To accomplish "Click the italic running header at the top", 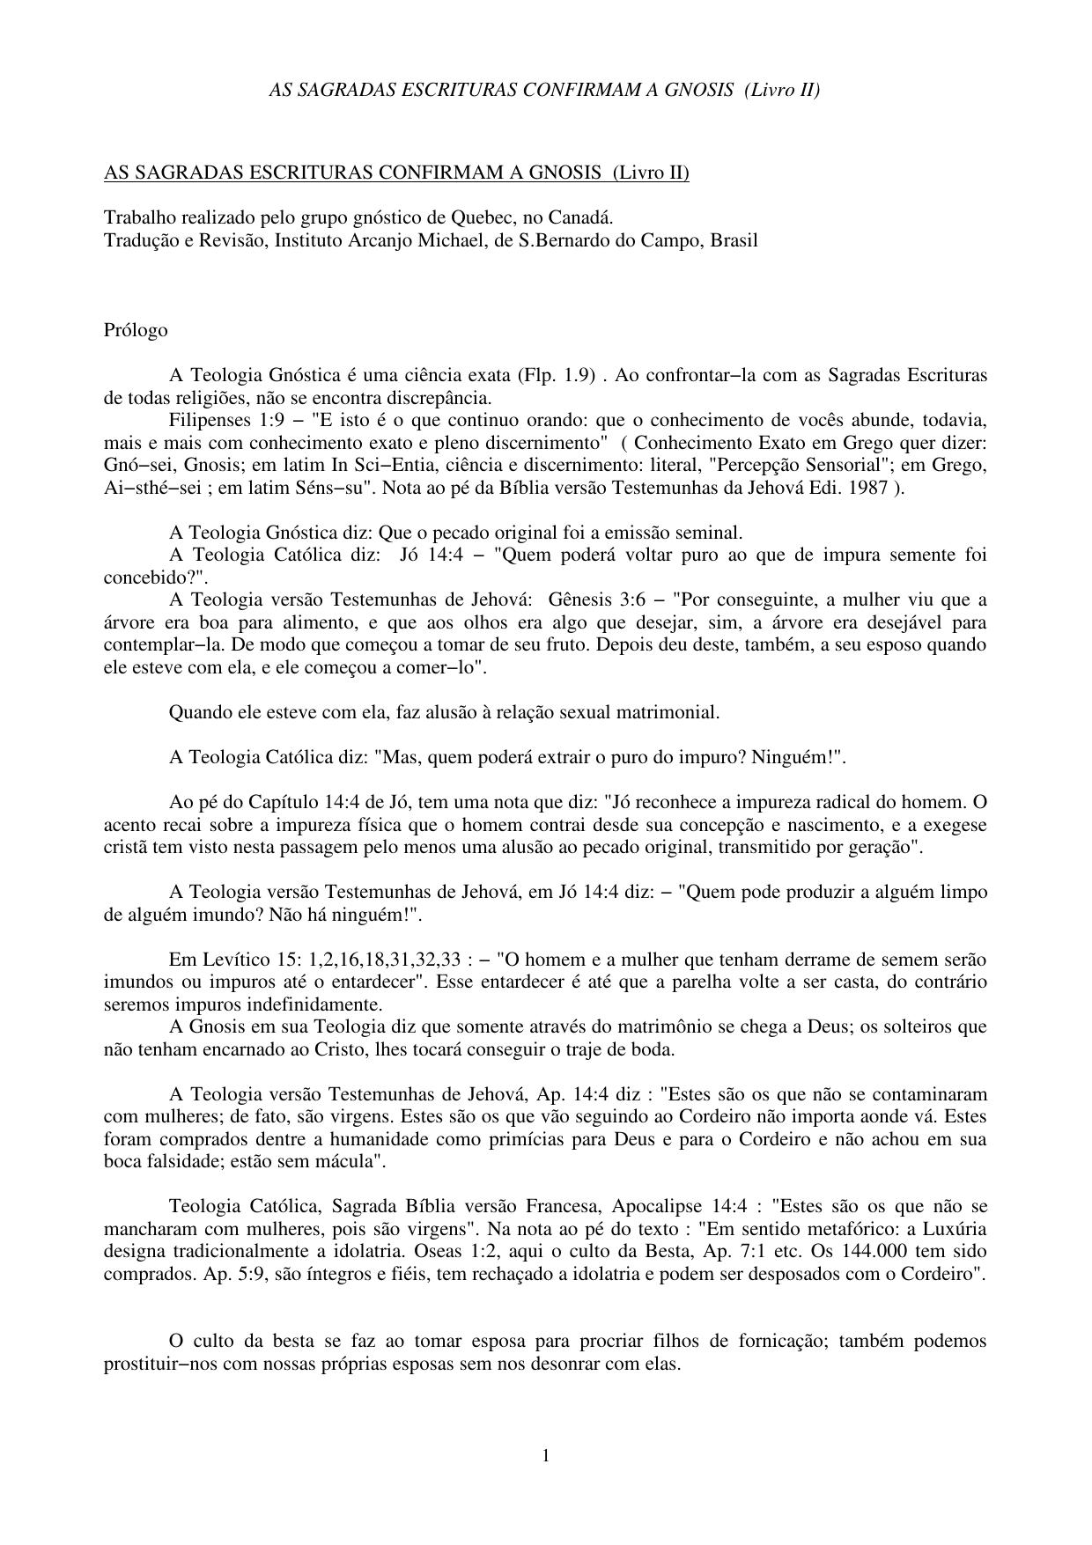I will pos(544,90).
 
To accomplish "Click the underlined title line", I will pos(396,173).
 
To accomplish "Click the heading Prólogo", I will pos(136,330).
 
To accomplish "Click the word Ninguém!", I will pos(796,757).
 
